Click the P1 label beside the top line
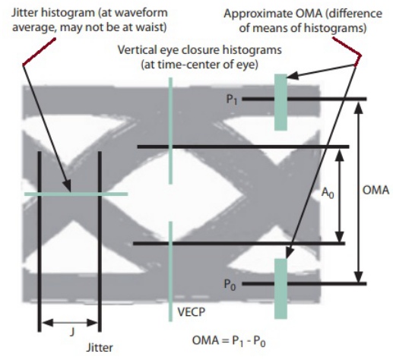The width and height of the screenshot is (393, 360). pos(232,99)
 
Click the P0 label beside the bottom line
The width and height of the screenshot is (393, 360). pos(230,284)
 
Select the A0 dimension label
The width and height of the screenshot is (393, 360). pos(328,193)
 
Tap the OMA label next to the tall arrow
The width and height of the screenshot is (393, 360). pos(376,190)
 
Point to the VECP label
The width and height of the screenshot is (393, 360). pos(192,312)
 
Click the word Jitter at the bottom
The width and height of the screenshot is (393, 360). pos(100,347)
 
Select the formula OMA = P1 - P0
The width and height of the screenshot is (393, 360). pos(229,341)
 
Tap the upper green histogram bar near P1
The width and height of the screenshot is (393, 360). pos(280,103)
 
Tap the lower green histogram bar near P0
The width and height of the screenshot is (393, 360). pos(280,289)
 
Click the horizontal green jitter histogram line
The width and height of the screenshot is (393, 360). pos(76,194)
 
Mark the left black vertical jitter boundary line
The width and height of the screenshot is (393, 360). pos(40,242)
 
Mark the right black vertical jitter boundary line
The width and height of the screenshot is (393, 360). pos(100,242)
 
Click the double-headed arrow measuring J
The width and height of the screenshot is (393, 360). pos(69,323)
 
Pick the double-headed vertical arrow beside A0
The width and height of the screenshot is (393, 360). pos(340,195)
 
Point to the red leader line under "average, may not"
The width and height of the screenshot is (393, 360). pos(39,52)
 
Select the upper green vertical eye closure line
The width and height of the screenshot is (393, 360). pos(170,131)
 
